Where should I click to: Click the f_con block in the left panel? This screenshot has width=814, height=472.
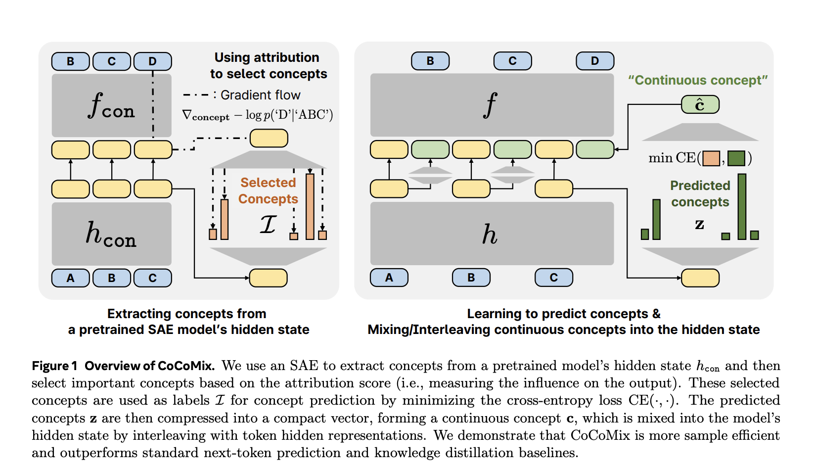click(x=112, y=105)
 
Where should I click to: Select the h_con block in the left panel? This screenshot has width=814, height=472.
click(x=112, y=234)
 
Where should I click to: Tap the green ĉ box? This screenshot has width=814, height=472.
click(x=700, y=105)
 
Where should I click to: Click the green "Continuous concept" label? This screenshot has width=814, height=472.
click(x=698, y=80)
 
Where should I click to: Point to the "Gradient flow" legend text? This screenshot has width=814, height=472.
click(x=261, y=95)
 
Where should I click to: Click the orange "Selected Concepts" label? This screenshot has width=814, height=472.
click(x=268, y=190)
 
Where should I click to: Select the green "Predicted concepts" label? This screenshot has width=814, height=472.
click(x=700, y=193)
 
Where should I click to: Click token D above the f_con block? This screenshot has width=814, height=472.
click(x=153, y=61)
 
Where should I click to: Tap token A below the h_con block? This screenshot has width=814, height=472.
click(x=71, y=278)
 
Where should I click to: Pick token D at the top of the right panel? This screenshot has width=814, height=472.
click(x=595, y=61)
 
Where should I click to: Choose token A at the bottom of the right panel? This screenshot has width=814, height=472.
click(x=389, y=278)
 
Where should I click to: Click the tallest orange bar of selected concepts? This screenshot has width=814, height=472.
click(x=310, y=206)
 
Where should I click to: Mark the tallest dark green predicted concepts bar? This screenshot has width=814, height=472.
click(x=742, y=206)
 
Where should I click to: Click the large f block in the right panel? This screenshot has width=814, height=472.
click(x=492, y=105)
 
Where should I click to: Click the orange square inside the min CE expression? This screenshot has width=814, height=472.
click(x=711, y=158)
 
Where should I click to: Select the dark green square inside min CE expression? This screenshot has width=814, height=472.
click(x=736, y=158)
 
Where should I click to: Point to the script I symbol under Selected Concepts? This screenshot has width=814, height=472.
click(x=268, y=224)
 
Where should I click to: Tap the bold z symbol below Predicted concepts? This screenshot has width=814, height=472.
click(x=700, y=224)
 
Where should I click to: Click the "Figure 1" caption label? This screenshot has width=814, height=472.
click(x=54, y=366)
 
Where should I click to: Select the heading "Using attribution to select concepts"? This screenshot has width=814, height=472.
click(x=268, y=66)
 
